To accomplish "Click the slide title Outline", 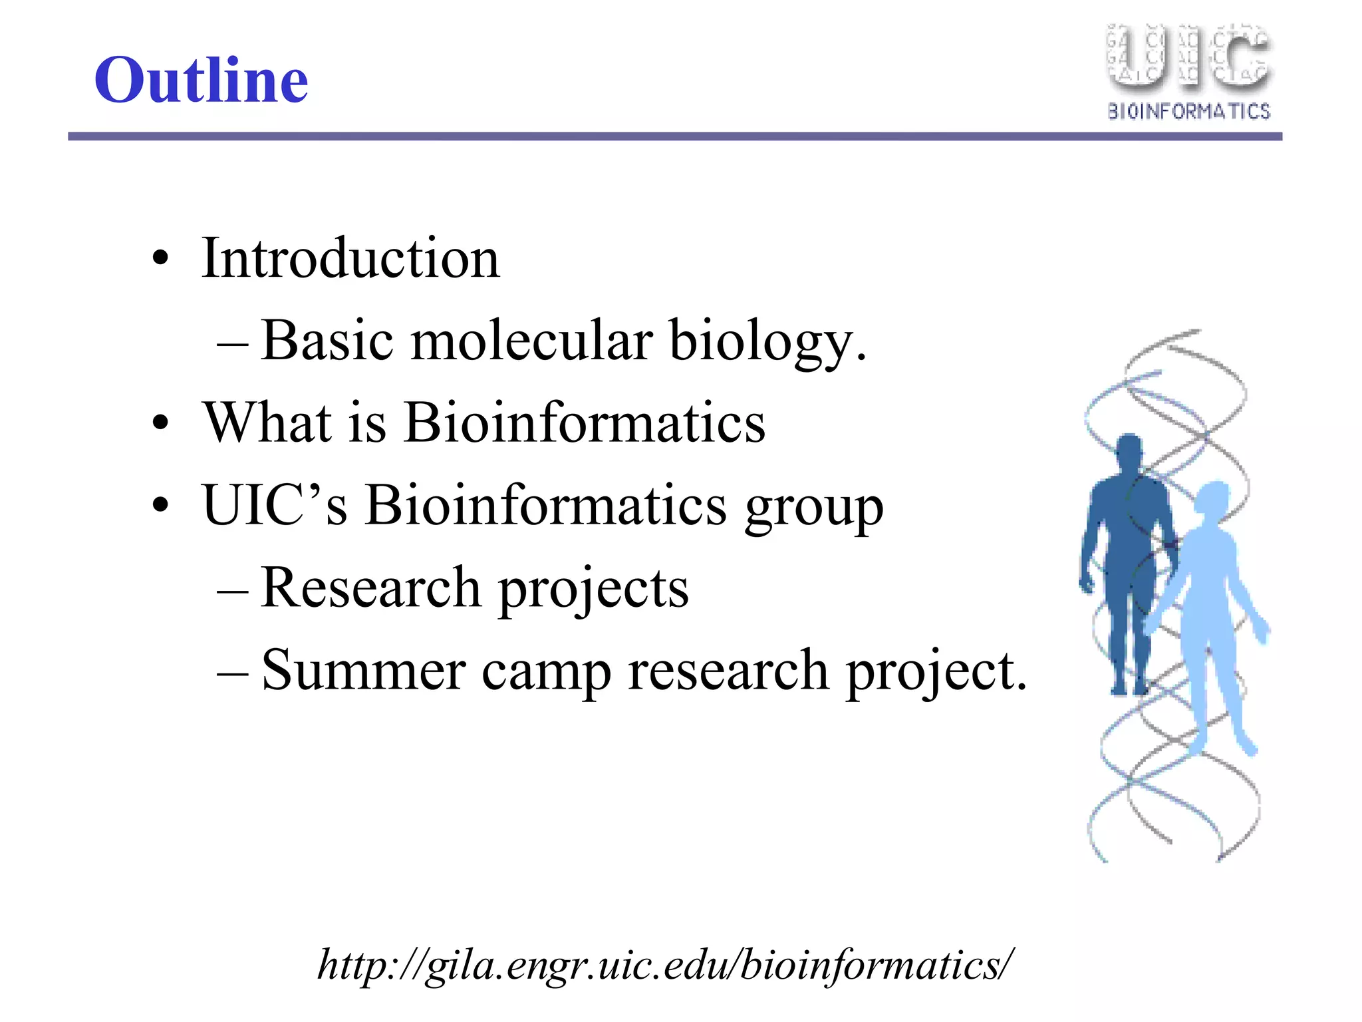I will [201, 80].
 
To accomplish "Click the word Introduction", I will [350, 258].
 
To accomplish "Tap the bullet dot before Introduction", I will [160, 258].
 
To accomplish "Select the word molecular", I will [531, 341].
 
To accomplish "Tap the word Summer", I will [363, 670].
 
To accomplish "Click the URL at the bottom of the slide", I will [665, 965].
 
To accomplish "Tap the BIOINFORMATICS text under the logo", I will [1188, 111].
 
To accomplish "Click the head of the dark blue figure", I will [1129, 451].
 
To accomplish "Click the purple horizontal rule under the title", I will [674, 136].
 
